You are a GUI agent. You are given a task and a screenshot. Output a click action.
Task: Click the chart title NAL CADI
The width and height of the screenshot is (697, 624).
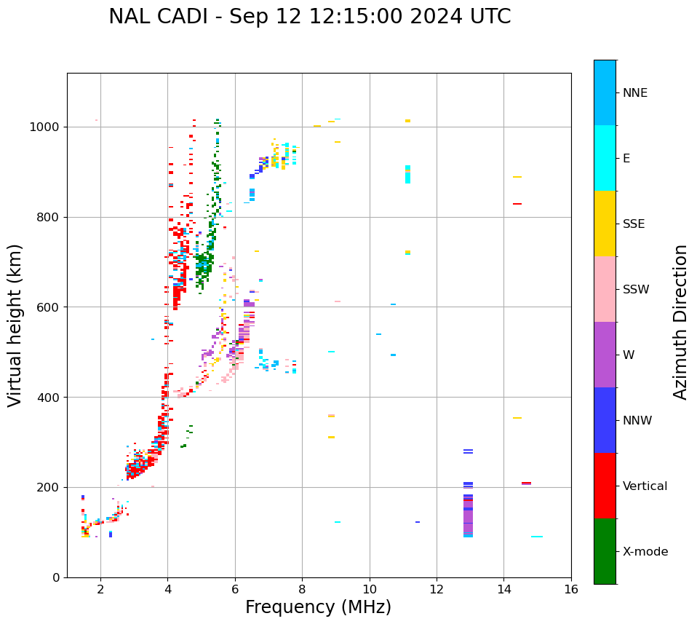point(309,17)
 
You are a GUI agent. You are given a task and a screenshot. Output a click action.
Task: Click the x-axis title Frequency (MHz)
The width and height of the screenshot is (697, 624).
point(318,607)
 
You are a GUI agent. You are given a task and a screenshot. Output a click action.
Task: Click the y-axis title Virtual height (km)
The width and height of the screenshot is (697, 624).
point(15,325)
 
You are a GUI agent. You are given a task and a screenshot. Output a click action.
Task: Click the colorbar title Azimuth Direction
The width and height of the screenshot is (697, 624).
point(680,322)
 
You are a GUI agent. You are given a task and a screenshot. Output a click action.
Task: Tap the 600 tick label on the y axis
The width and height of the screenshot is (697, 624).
point(52,307)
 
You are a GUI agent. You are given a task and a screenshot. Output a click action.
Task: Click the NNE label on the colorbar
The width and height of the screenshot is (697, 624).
point(635,93)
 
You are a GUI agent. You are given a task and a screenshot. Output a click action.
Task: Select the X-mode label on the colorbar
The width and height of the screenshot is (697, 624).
point(645,552)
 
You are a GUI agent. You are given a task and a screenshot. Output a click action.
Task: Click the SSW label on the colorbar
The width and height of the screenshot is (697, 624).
point(636,290)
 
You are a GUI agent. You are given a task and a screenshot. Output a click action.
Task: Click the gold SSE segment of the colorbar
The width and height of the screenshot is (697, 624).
point(605,224)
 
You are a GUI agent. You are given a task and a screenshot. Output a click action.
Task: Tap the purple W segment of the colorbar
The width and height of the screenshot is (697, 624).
point(605,355)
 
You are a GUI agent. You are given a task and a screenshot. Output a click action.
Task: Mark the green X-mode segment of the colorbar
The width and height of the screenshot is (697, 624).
point(605,551)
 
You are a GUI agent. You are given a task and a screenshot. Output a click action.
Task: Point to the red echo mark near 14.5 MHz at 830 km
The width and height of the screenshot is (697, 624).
point(517,204)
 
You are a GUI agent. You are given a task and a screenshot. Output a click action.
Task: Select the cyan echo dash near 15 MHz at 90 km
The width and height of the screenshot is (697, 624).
point(537,537)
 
